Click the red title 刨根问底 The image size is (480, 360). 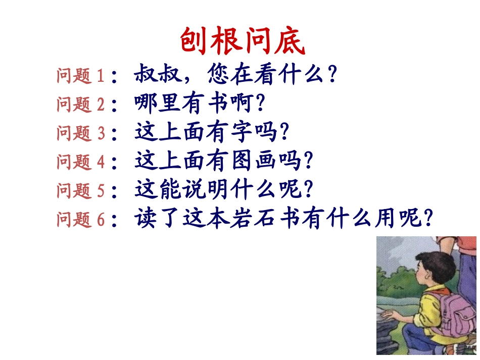tap(243, 41)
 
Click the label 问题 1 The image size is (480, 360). tap(81, 76)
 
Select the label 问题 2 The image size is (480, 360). tap(81, 105)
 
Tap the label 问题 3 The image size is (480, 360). tap(81, 133)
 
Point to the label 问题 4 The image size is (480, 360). tap(81, 162)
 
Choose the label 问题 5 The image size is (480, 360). tap(81, 191)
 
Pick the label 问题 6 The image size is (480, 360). tap(81, 220)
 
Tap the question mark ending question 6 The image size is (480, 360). tap(429, 220)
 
